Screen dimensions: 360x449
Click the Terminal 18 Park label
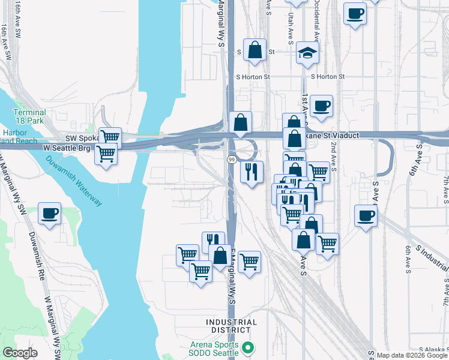click(29, 116)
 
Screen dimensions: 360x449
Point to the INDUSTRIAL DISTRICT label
click(231, 326)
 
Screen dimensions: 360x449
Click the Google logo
click(20, 353)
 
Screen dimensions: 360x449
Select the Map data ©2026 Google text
click(411, 355)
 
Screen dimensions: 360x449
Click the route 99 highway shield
click(231, 160)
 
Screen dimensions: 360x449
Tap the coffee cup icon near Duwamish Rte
click(49, 214)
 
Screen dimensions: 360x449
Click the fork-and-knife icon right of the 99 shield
click(252, 172)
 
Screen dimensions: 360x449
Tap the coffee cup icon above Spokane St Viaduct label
click(321, 106)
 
